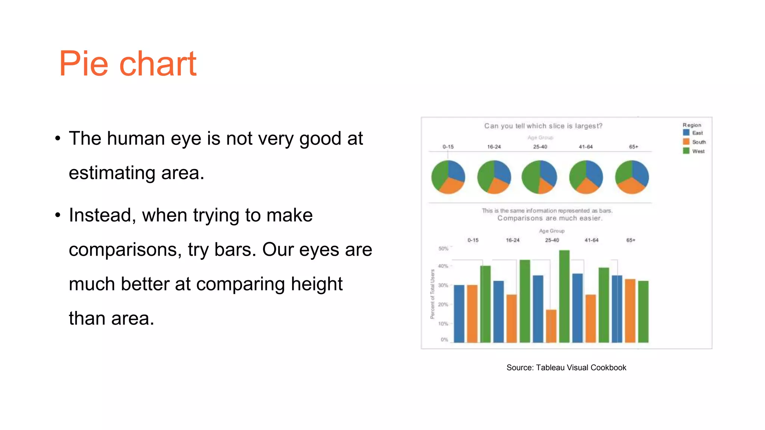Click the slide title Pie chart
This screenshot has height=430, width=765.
(127, 64)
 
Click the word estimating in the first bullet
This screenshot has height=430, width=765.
(112, 173)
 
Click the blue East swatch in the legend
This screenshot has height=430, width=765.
(686, 133)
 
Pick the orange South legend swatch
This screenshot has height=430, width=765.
(686, 142)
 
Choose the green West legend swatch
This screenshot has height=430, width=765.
(686, 151)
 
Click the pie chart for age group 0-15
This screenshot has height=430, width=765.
(448, 177)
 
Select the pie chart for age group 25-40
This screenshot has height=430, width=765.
(539, 177)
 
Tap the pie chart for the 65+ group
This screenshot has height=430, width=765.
(632, 177)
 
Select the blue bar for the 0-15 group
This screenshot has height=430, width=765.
(459, 314)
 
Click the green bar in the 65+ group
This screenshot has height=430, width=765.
(643, 311)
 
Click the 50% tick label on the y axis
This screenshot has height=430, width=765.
(443, 249)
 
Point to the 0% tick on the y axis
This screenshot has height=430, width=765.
(444, 340)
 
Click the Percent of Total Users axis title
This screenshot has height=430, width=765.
(433, 294)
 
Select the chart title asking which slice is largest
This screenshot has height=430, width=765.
(543, 126)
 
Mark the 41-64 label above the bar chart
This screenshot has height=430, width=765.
(591, 240)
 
